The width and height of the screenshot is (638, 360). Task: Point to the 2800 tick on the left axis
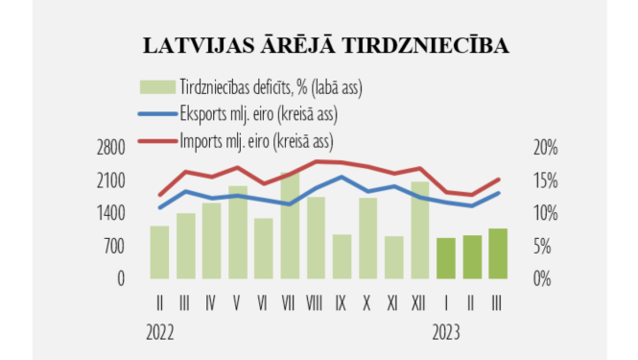pyautogui.click(x=111, y=148)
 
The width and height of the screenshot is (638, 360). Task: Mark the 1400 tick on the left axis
pyautogui.click(x=111, y=213)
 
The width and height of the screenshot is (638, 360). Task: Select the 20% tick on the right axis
pyautogui.click(x=544, y=148)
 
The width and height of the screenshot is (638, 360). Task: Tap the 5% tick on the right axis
pyautogui.click(x=544, y=247)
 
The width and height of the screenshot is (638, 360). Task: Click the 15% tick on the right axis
pyautogui.click(x=544, y=180)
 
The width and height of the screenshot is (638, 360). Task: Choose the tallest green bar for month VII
pyautogui.click(x=290, y=226)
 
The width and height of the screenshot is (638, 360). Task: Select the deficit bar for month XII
pyautogui.click(x=420, y=230)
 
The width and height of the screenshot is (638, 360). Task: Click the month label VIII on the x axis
pyautogui.click(x=315, y=302)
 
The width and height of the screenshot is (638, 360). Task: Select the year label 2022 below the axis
pyautogui.click(x=161, y=333)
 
